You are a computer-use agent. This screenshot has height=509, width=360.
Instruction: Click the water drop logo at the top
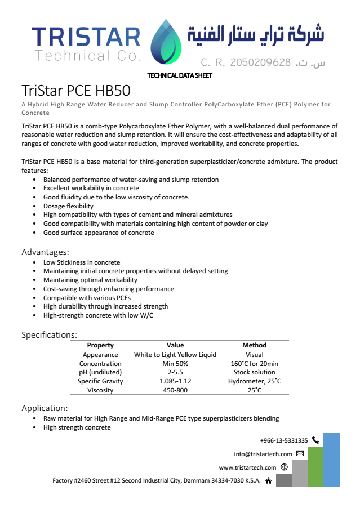167,42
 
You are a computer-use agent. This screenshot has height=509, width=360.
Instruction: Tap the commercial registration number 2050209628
260,62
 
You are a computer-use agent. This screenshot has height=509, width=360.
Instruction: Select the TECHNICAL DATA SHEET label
179,75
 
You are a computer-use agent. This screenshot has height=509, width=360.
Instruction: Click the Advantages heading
45,252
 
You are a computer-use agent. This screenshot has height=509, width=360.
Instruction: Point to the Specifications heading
49,335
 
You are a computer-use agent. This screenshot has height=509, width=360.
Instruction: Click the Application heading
45,408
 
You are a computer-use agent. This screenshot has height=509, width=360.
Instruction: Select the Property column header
100,345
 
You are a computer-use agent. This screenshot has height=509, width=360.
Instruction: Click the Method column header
254,345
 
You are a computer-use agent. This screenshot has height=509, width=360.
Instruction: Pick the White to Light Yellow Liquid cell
175,355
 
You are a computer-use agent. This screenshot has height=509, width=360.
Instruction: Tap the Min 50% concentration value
175,364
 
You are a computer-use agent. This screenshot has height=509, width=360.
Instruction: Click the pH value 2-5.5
175,372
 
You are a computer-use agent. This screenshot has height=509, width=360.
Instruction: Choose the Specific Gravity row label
100,381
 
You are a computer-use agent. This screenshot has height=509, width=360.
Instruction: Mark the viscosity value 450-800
175,390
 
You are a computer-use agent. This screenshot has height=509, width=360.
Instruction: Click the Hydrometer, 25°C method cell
254,381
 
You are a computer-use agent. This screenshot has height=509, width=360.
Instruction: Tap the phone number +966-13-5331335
284,440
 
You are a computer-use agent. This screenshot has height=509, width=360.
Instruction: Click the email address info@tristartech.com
263,454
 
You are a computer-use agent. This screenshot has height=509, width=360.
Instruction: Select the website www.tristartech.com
247,467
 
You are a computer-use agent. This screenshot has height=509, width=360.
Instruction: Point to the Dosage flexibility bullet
68,206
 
